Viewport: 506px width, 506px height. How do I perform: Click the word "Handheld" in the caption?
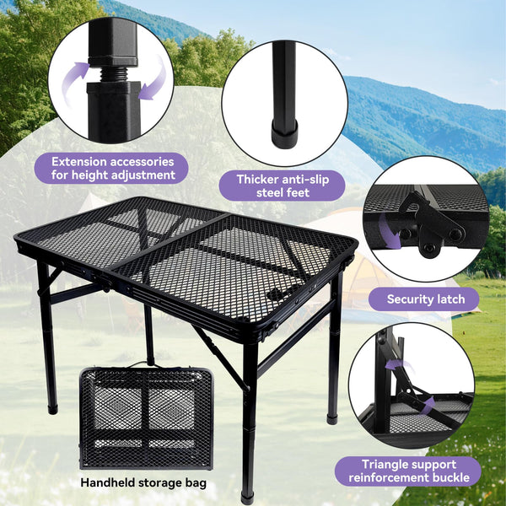(x=108, y=482)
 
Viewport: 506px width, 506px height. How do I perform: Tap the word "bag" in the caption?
(x=195, y=484)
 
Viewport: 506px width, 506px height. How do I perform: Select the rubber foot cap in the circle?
(x=284, y=133)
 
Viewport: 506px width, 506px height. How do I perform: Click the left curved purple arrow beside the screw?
(x=73, y=78)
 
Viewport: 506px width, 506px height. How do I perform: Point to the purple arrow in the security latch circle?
(x=389, y=231)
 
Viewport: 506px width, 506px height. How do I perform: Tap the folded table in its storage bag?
(x=146, y=417)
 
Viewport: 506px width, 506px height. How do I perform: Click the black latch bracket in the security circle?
(x=432, y=223)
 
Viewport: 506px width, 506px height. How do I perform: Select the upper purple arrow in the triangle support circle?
(x=400, y=365)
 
